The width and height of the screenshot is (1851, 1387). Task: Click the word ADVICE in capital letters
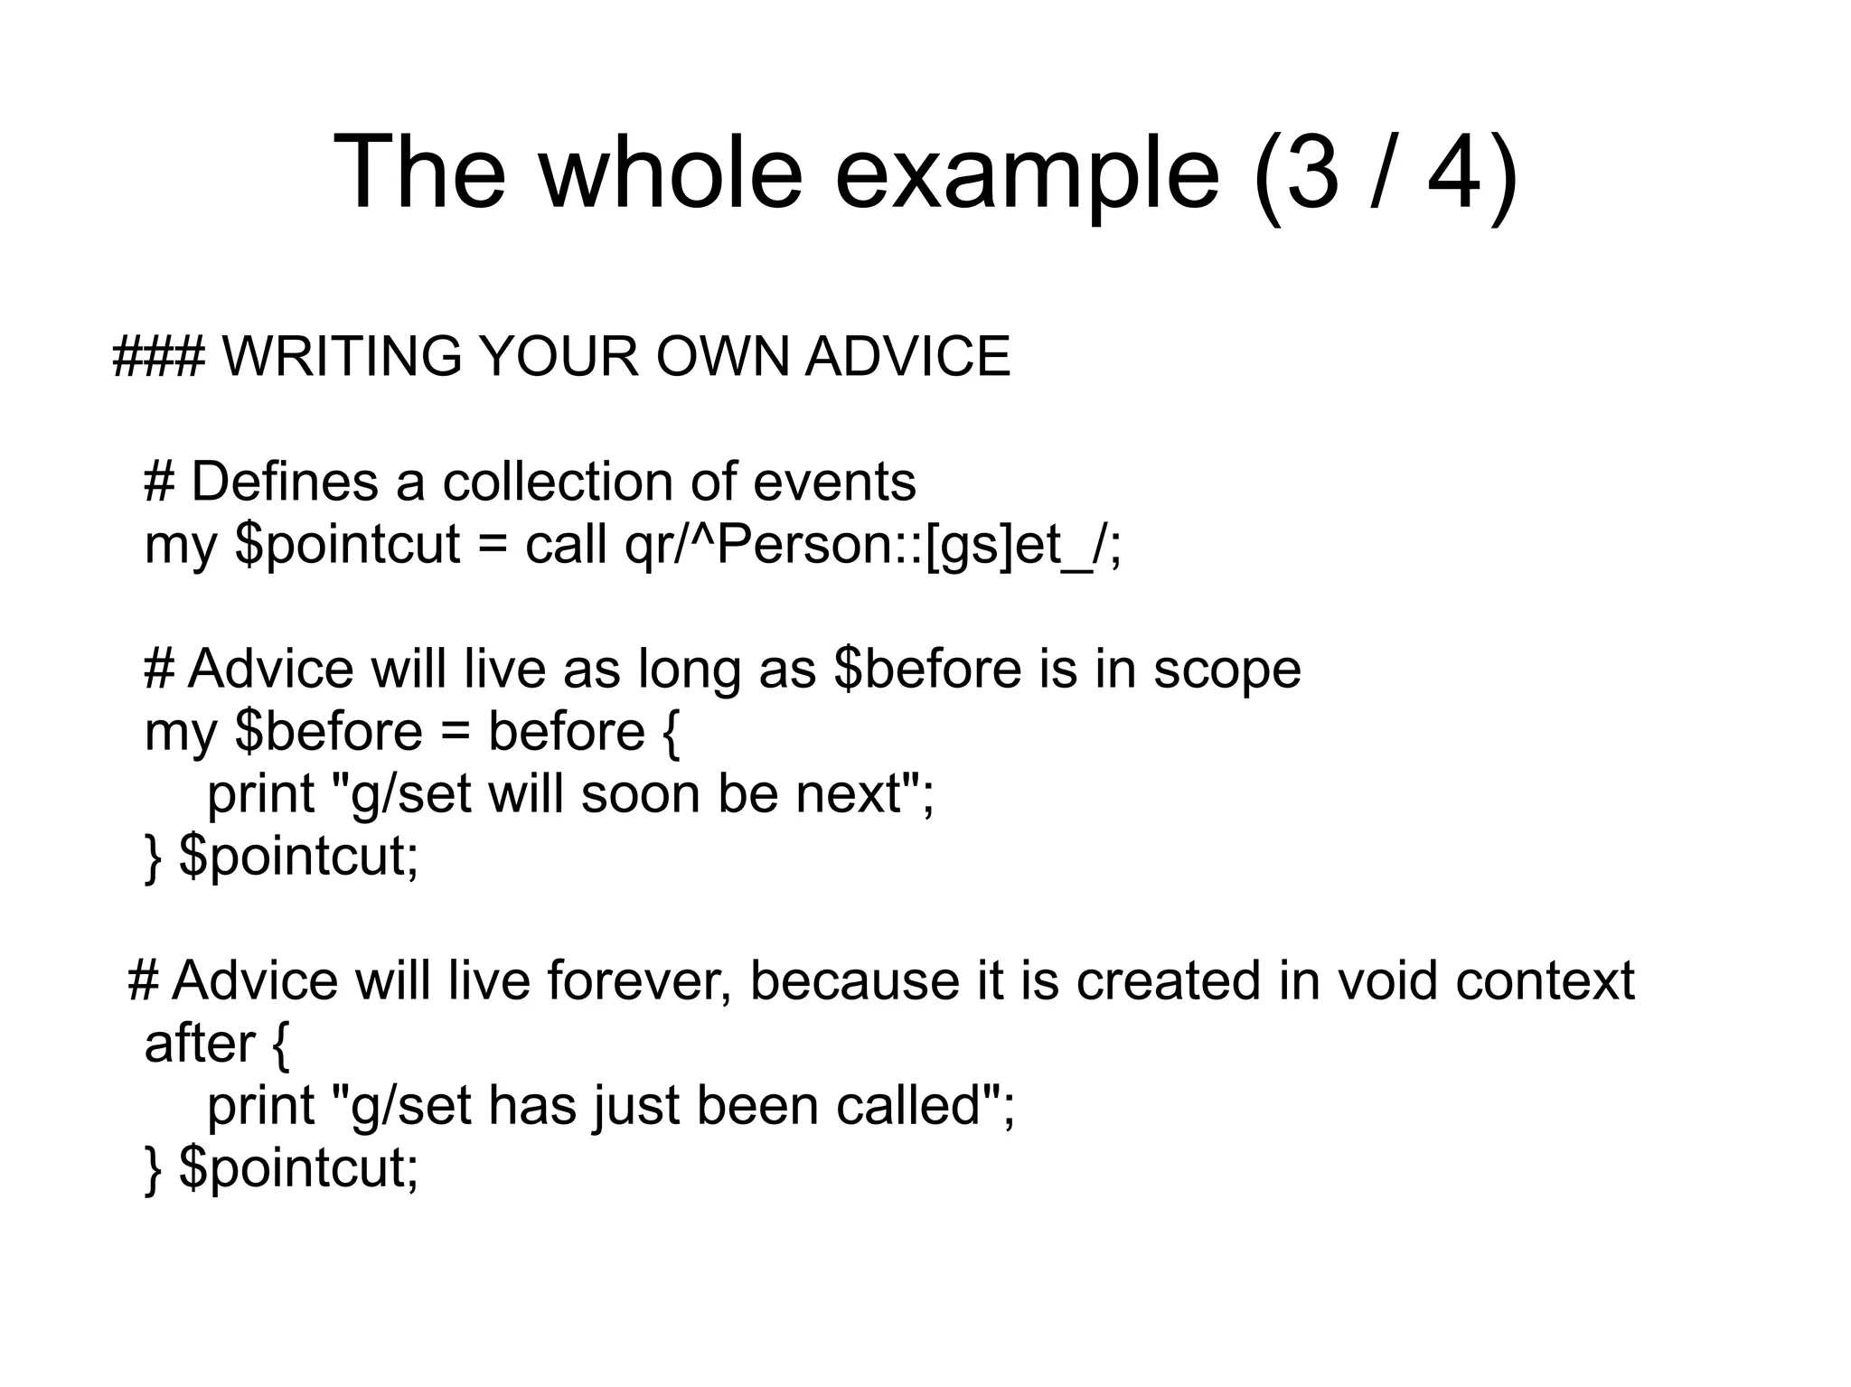pyautogui.click(x=907, y=356)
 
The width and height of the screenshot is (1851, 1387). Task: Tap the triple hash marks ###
pyautogui.click(x=159, y=356)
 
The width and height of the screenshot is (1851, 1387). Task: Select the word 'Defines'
pyautogui.click(x=285, y=482)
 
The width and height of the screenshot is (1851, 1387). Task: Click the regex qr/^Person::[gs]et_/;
pyautogui.click(x=873, y=546)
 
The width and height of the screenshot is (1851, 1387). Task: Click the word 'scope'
pyautogui.click(x=1226, y=670)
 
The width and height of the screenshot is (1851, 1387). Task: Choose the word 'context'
pyautogui.click(x=1545, y=980)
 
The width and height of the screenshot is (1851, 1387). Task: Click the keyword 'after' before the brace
pyautogui.click(x=200, y=1044)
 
